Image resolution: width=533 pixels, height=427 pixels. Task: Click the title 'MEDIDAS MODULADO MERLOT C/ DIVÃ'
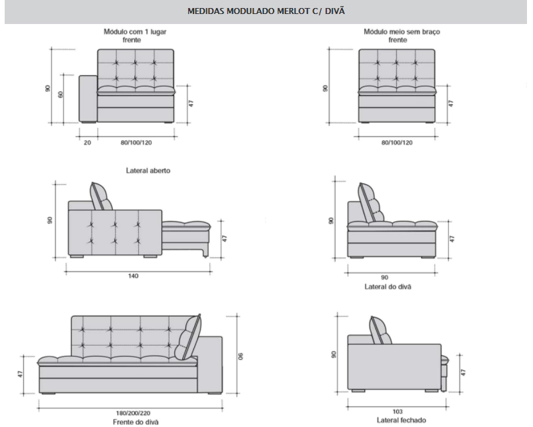point(266,11)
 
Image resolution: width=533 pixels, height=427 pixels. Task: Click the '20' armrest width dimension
point(87,143)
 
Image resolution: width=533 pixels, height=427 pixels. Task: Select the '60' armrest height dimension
point(61,94)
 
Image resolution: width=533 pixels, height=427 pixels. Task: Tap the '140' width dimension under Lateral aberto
point(133,276)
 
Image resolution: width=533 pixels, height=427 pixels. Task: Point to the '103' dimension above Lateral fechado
point(397,412)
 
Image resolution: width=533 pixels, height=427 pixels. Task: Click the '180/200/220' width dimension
point(133,414)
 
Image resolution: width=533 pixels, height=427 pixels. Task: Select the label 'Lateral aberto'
point(148,171)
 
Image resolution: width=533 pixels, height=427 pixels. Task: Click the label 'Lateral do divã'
point(388,287)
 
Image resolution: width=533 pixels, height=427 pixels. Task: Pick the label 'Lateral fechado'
point(402,420)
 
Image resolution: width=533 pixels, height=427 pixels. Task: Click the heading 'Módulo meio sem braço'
point(402,31)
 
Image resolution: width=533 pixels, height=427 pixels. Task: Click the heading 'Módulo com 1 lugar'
point(135,31)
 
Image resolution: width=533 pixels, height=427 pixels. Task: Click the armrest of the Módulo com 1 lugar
point(88,99)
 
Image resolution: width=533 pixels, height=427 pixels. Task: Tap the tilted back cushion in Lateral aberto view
point(101,197)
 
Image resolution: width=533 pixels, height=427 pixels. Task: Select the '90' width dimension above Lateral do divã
point(384,278)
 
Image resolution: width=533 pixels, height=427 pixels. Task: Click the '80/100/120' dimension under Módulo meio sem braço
point(397,143)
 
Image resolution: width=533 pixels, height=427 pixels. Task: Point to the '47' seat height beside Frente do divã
point(21,374)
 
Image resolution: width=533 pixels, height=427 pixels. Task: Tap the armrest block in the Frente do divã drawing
point(210,365)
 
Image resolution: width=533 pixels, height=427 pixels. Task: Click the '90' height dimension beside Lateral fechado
point(334,354)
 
